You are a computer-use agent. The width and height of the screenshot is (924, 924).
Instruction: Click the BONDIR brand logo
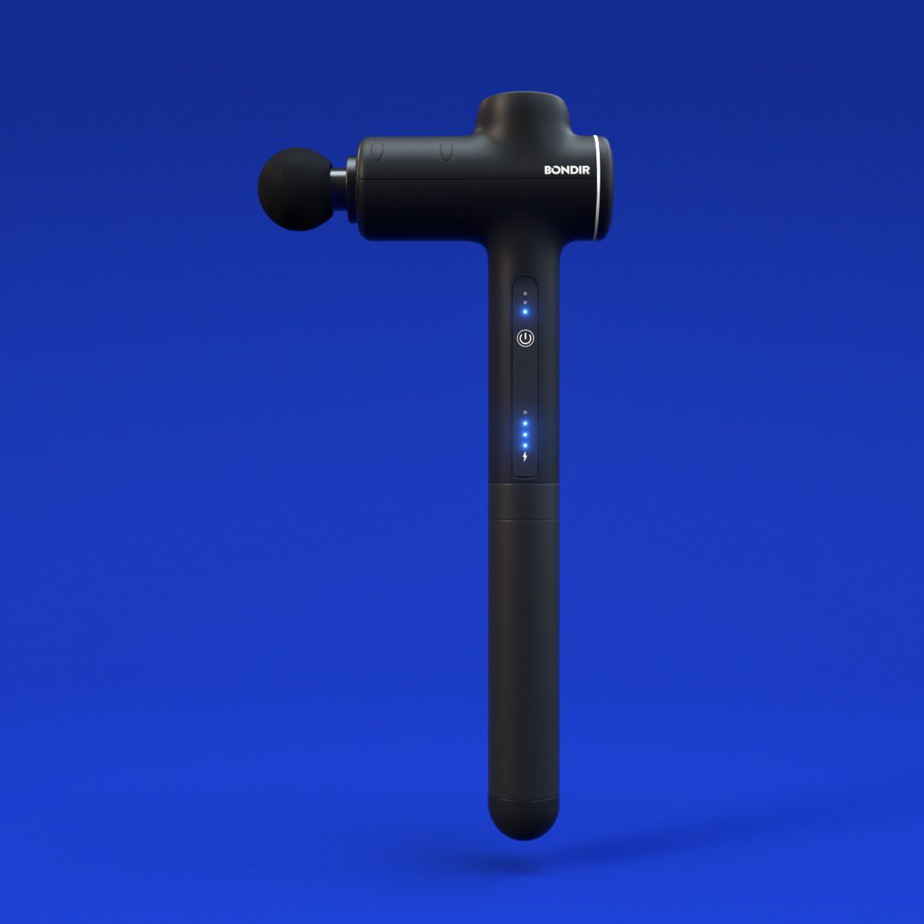point(567,169)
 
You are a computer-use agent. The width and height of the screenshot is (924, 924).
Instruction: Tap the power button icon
point(525,338)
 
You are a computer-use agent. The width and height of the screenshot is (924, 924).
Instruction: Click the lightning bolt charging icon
point(525,457)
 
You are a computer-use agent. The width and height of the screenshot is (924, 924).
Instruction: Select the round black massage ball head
point(296,189)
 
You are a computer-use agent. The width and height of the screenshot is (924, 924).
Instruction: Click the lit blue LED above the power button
point(525,311)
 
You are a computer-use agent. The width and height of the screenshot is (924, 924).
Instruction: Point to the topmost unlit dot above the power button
point(525,293)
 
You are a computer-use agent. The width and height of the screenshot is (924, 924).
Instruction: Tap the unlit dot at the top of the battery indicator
point(525,412)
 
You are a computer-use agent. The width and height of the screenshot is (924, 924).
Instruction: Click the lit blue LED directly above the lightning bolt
point(525,446)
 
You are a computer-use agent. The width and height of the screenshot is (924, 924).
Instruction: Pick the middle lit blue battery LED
point(525,435)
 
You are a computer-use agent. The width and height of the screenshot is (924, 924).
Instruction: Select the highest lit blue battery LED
point(525,423)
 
